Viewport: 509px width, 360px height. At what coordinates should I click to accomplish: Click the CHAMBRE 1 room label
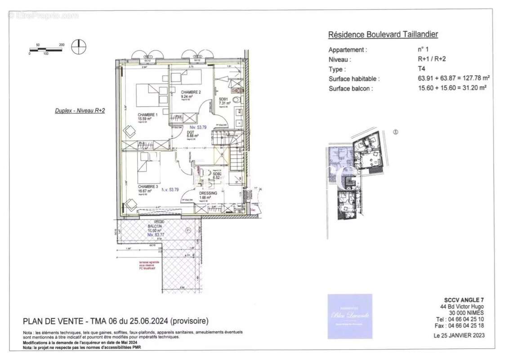147,115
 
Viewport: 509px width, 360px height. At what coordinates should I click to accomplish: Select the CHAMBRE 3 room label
148,186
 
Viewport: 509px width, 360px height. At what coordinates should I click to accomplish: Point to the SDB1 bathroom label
223,99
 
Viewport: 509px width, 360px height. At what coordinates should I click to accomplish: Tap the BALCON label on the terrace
155,226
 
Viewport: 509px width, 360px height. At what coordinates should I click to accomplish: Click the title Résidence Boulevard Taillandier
383,34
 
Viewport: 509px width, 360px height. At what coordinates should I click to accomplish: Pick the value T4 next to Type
421,69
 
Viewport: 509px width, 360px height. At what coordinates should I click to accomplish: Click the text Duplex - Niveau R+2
80,110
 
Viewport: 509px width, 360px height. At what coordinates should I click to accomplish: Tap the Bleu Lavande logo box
350,316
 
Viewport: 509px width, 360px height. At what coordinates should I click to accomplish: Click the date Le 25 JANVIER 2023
459,335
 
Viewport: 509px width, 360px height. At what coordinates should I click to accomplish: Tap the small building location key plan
355,175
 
